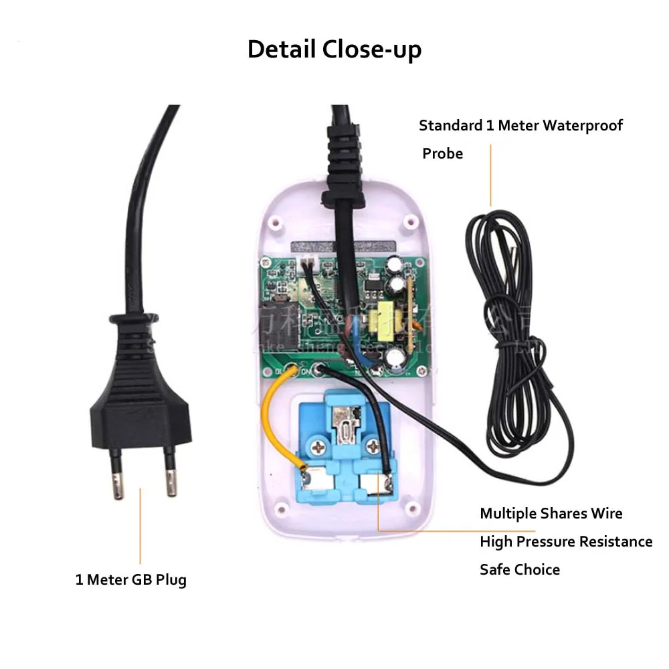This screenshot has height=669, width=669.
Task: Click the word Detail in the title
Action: click(282, 50)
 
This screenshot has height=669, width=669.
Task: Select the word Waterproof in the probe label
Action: click(582, 126)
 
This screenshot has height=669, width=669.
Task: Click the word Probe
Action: click(442, 154)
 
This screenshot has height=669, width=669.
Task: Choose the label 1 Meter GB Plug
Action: click(130, 579)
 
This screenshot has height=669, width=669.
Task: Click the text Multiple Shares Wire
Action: click(551, 514)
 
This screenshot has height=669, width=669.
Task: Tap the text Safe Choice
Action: click(519, 570)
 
